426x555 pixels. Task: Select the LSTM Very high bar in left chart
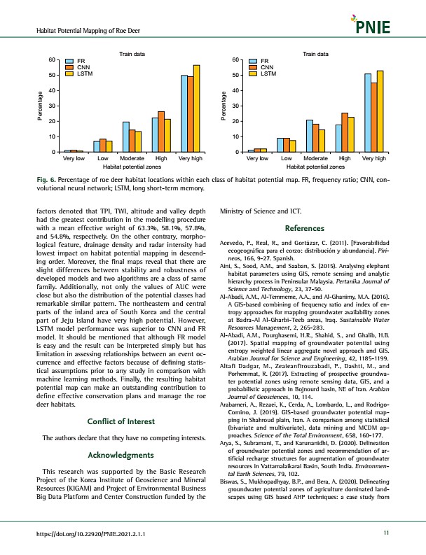coord(196,108)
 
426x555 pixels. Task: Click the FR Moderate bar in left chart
coord(125,137)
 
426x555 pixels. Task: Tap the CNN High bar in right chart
coord(344,132)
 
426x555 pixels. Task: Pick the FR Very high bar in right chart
coord(368,113)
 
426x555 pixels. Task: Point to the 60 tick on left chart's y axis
coord(52,60)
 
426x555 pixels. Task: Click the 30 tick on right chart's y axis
coord(236,106)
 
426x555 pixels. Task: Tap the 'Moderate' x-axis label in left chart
coord(132,160)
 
